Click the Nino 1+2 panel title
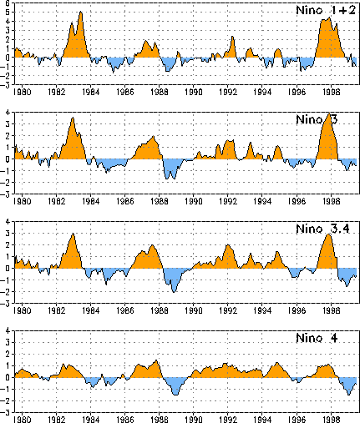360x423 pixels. [x=326, y=10]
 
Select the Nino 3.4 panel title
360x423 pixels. [x=322, y=229]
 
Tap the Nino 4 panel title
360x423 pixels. [x=317, y=338]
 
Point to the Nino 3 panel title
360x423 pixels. [x=317, y=119]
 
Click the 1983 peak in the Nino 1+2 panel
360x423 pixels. [x=81, y=12]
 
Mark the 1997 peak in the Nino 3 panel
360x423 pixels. [x=329, y=113]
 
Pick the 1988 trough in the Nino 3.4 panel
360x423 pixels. [x=174, y=292]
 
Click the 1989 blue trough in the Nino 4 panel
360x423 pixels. [x=175, y=395]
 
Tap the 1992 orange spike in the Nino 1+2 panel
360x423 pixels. [x=232, y=37]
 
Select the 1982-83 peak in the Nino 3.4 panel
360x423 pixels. [x=73, y=234]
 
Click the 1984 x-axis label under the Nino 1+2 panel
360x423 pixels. [x=91, y=92]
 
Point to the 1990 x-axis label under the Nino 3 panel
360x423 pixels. [x=194, y=201]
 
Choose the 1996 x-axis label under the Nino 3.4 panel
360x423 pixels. [x=297, y=310]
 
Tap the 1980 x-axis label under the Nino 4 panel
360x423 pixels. [x=23, y=420]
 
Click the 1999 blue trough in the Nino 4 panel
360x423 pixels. [x=349, y=395]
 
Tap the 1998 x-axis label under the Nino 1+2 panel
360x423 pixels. [x=332, y=92]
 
